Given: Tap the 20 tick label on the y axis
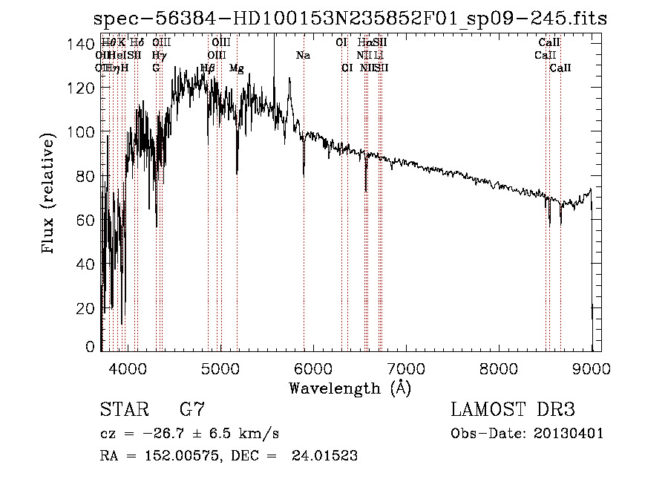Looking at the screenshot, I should pyautogui.click(x=86, y=308).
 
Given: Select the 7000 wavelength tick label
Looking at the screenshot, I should pyautogui.click(x=406, y=367).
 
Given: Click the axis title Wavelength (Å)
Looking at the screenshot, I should pyautogui.click(x=350, y=388).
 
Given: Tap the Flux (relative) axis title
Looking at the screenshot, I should pyautogui.click(x=50, y=195).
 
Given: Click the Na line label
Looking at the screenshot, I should pyautogui.click(x=303, y=56).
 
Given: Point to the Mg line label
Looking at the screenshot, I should pyautogui.click(x=236, y=68).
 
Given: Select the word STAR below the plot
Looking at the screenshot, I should pyautogui.click(x=124, y=410).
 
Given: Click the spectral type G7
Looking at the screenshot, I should pyautogui.click(x=191, y=410).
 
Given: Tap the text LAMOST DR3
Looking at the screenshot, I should pyautogui.click(x=512, y=410).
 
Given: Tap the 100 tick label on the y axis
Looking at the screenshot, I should pyautogui.click(x=82, y=132).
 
